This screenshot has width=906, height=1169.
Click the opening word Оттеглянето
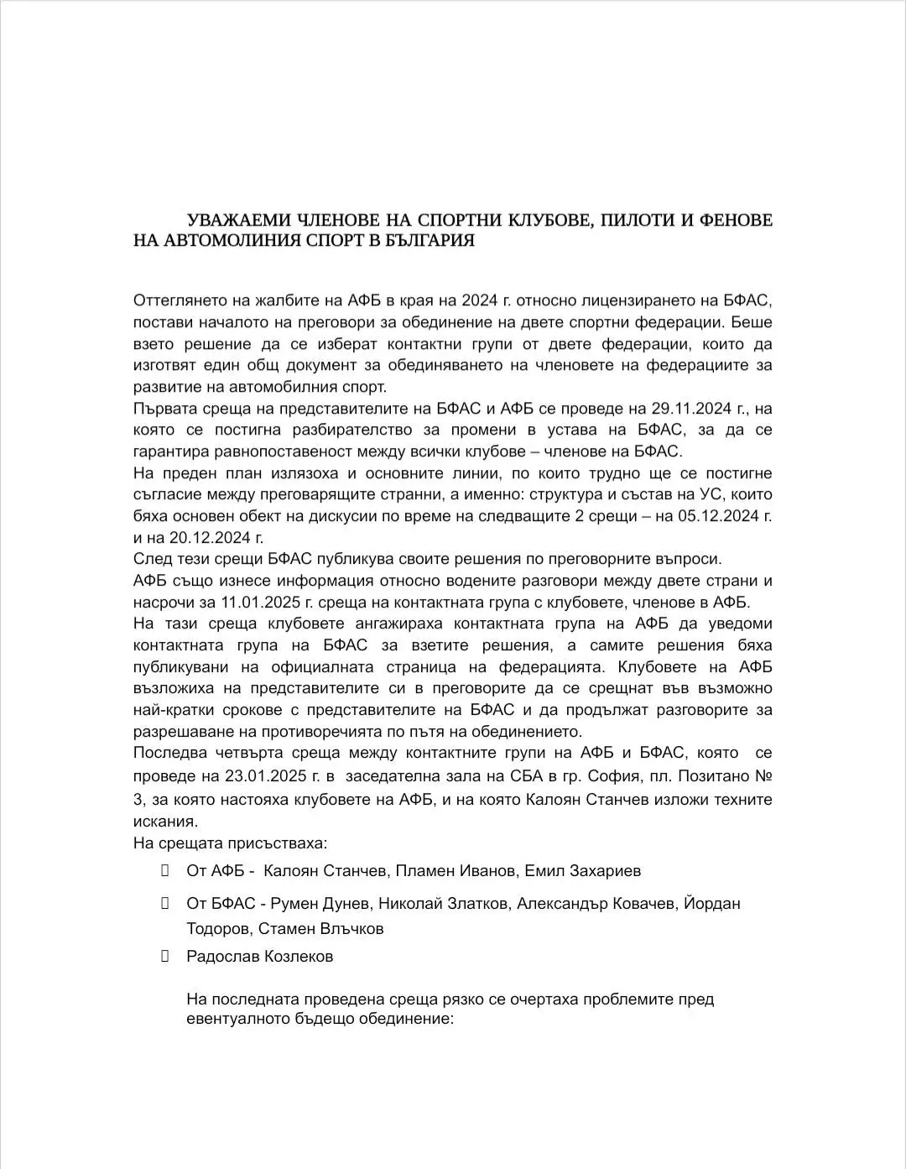click(x=177, y=300)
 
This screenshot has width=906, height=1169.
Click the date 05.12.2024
click(x=721, y=516)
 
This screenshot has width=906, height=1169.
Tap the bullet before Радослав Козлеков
click(x=165, y=956)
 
